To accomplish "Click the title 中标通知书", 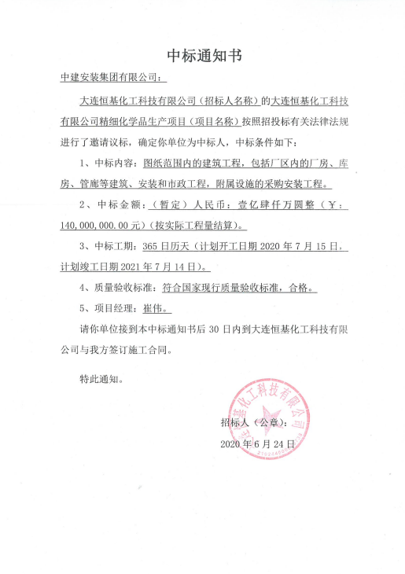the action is [203, 56].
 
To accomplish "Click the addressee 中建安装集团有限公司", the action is [109, 79].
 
